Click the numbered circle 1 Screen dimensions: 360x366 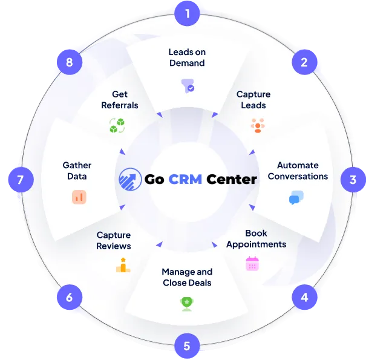coord(187,13)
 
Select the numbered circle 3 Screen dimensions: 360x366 coord(353,180)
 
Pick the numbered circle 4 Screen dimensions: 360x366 coord(304,297)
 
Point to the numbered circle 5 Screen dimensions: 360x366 coord(187,346)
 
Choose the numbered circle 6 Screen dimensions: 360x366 coord(70,297)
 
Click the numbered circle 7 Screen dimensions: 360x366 coord(20,180)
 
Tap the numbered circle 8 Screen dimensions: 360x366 coord(70,62)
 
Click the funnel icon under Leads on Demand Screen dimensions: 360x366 coord(188,86)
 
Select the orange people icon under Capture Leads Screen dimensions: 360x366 coord(258,126)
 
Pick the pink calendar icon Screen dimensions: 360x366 coord(252,264)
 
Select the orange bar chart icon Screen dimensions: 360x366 coord(79,197)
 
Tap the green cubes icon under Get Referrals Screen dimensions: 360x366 coord(117,126)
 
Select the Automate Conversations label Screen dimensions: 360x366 coord(297,171)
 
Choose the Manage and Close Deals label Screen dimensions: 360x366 coord(187,277)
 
